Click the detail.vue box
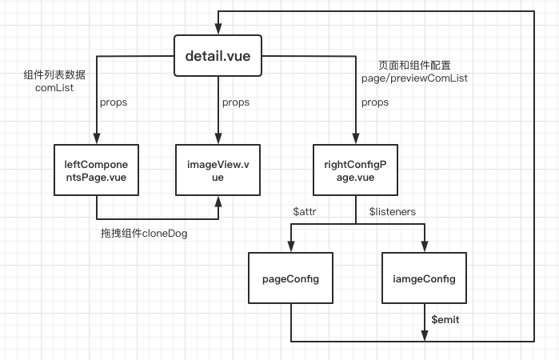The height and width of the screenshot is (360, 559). point(218,56)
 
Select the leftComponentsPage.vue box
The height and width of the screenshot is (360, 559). point(96,170)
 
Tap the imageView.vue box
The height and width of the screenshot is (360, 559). point(218,170)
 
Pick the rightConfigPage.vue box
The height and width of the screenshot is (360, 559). point(355,170)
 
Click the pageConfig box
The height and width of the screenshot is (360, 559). point(290,278)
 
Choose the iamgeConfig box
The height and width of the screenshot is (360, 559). point(424,278)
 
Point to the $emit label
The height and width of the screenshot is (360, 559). point(445,319)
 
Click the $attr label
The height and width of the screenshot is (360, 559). point(305,211)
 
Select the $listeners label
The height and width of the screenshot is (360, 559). point(393,211)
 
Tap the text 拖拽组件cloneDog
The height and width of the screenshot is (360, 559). point(144,234)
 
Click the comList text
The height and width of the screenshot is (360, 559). point(54,88)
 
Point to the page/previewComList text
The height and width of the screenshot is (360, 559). point(414,78)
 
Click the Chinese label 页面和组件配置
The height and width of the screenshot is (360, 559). point(414,66)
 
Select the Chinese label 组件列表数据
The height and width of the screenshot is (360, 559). point(54,74)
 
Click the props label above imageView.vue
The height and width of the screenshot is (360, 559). point(236,102)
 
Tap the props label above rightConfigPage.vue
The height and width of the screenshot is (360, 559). point(375,102)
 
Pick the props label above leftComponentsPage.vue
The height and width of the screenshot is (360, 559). point(114,102)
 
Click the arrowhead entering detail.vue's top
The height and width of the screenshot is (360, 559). point(218,30)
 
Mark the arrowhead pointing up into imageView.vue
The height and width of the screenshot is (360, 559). point(218,202)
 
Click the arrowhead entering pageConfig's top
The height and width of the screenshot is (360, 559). point(291,246)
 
